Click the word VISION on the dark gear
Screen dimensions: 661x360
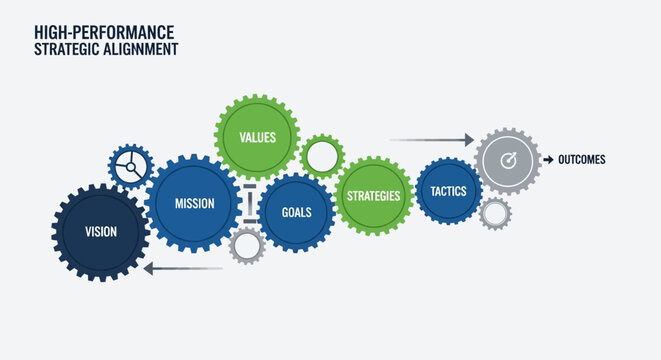pos(100,232)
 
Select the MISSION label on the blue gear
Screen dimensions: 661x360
pos(194,204)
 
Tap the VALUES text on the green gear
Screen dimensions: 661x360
pos(257,137)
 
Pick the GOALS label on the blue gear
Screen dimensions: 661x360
pos(296,212)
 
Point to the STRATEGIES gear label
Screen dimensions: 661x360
pos(373,195)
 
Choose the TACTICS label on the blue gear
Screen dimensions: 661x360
pos(447,190)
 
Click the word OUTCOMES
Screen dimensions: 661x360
pos(581,160)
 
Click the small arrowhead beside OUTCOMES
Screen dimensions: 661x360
pos(548,160)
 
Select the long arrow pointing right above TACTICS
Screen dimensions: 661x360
pos(431,140)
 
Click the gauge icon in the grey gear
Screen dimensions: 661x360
pos(507,160)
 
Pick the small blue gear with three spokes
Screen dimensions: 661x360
pos(130,166)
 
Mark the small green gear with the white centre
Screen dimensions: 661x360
pos(322,157)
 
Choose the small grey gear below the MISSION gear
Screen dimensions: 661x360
pos(246,246)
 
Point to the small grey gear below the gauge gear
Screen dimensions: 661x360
pos(494,213)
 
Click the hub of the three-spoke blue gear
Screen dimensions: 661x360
pos(129,166)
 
